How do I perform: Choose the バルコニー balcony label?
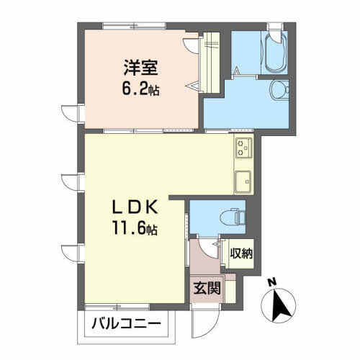pos(125,325)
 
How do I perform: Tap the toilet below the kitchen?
pos(231,214)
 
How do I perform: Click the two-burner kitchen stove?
pos(242,148)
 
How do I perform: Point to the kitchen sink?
pos(243,179)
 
